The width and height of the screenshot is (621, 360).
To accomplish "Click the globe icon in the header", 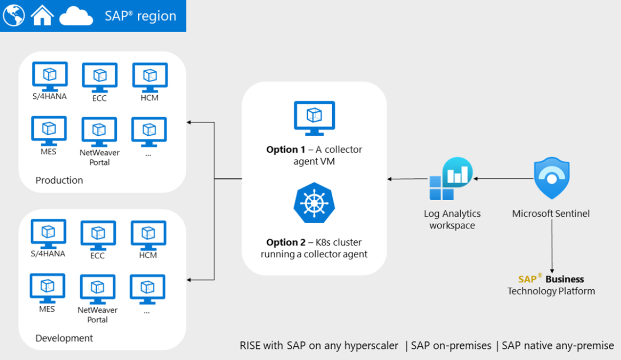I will coord(14,16).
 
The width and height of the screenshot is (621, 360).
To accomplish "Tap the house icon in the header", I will coord(42,16).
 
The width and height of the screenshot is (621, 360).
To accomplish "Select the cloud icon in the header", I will coord(76,17).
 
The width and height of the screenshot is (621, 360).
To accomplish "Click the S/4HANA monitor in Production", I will coord(49,76).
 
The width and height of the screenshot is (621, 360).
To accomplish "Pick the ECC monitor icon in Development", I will coord(98,235).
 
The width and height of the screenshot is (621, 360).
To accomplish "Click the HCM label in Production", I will coord(149,98).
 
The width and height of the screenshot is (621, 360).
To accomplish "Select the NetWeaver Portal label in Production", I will coord(100,157).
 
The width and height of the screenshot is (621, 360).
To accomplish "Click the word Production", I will coord(59,180).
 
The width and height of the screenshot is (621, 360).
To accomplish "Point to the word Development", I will coord(64,338).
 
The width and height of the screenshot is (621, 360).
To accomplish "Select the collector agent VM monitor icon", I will coord(314,118).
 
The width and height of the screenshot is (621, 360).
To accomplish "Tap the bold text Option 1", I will coord(285,149).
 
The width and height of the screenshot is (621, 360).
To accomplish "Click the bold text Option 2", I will coord(285,242).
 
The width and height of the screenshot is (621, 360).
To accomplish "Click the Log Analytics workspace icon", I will coord(450,179).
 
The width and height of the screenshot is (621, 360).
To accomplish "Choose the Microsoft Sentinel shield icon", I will coord(551,178).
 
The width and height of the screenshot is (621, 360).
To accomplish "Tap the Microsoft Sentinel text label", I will coord(551,213).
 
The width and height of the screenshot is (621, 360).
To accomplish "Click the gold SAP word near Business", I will coord(528,279).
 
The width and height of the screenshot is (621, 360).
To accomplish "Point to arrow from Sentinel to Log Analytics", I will coord(503,179).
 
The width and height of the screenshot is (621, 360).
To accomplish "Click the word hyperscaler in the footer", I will coord(371,346).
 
